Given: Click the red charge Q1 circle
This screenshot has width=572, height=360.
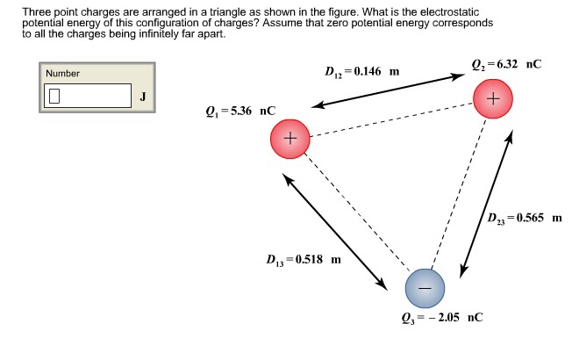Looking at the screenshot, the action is [x=290, y=139].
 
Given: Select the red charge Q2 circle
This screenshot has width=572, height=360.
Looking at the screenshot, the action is [x=493, y=99].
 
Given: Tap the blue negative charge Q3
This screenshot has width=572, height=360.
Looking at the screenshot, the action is [x=425, y=288].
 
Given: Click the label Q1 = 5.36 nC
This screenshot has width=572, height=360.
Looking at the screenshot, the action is [x=240, y=111].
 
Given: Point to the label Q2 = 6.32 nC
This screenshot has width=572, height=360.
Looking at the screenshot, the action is [x=507, y=65].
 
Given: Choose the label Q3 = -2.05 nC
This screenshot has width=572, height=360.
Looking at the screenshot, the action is [x=442, y=318].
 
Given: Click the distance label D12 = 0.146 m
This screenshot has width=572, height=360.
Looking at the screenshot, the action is [x=362, y=72].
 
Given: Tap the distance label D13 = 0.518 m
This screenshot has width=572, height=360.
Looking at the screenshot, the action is [x=304, y=260].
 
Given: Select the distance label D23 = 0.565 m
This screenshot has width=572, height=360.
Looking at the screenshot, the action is [x=525, y=219].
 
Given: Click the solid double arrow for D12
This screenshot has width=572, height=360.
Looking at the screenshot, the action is [x=388, y=91].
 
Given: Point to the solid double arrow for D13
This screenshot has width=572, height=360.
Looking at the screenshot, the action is [x=335, y=232].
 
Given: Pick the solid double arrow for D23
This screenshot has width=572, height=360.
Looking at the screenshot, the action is [x=486, y=204].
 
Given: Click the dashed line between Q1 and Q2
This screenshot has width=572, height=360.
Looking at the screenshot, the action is [x=391, y=119].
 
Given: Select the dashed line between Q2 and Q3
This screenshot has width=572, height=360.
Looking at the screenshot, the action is [x=458, y=194].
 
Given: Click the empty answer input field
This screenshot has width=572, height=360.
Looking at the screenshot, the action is [x=88, y=96].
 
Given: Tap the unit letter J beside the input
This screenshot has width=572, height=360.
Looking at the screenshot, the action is [x=143, y=97].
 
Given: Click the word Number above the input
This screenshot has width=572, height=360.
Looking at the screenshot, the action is [x=62, y=74].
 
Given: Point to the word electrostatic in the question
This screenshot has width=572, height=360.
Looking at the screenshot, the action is [x=449, y=12].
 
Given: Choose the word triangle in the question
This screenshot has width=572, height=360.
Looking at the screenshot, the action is [x=227, y=13].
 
